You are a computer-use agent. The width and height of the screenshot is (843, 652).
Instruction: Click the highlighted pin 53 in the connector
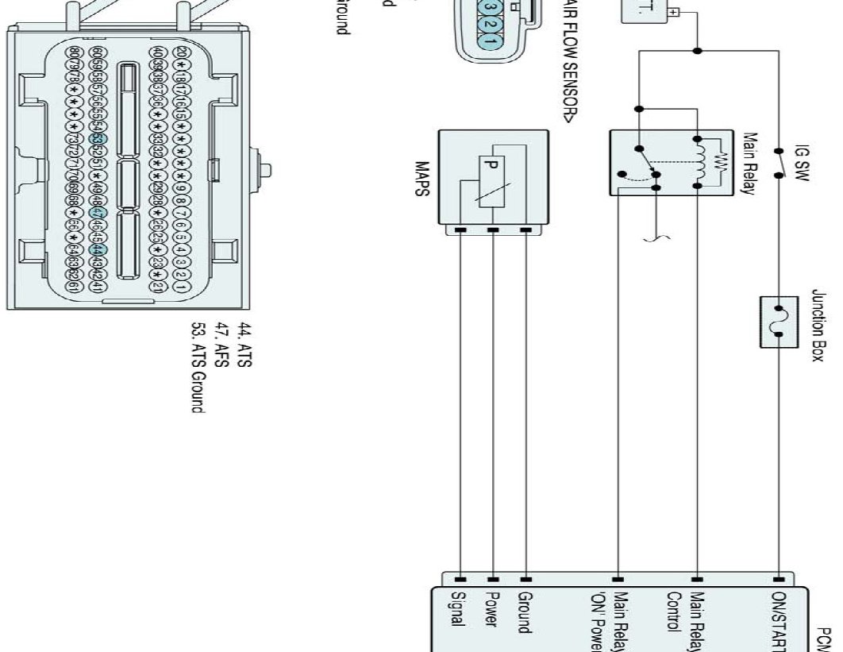coord(98,139)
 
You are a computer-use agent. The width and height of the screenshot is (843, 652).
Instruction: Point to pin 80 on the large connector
coord(74,52)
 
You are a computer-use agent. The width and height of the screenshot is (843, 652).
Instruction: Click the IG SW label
coord(801,163)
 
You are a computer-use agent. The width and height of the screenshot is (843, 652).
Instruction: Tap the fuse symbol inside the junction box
coord(778,321)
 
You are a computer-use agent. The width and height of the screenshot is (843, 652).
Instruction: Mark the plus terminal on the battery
coord(673,13)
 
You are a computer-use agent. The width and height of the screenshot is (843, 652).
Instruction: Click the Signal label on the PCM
coord(456,611)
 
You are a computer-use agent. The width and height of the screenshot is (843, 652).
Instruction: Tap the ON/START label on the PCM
coord(779,619)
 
